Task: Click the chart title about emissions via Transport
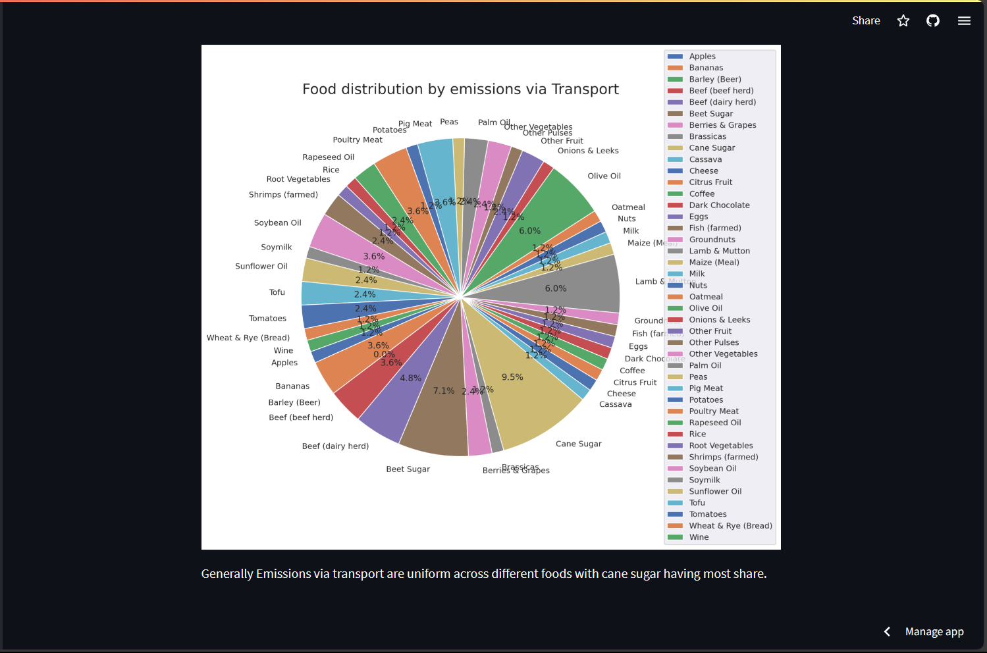pyautogui.click(x=460, y=90)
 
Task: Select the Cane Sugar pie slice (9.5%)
pyautogui.click(x=527, y=388)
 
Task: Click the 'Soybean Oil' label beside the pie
pyautogui.click(x=277, y=223)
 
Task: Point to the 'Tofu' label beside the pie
pyautogui.click(x=277, y=292)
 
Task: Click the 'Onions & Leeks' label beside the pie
pyautogui.click(x=588, y=151)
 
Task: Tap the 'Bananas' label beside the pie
pyautogui.click(x=292, y=386)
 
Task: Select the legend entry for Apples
pyautogui.click(x=702, y=57)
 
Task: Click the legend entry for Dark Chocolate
pyautogui.click(x=719, y=205)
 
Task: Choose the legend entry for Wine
pyautogui.click(x=699, y=537)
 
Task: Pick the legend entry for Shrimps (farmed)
pyautogui.click(x=723, y=457)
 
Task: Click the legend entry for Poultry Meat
pyautogui.click(x=714, y=411)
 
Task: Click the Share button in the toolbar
pyautogui.click(x=866, y=20)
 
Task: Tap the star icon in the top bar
pyautogui.click(x=903, y=21)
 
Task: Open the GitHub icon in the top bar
pyautogui.click(x=933, y=21)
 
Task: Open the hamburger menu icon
pyautogui.click(x=964, y=21)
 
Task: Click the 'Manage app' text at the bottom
pyautogui.click(x=934, y=632)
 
